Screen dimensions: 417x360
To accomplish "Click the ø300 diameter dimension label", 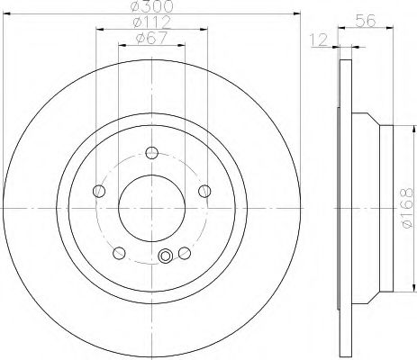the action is [x=152, y=5].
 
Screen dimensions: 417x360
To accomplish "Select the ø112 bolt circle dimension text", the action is [x=151, y=22].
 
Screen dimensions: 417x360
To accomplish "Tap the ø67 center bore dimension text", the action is [x=151, y=39].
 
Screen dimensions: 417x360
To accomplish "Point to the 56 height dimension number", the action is [x=366, y=21].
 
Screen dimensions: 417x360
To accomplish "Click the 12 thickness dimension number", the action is [x=319, y=40].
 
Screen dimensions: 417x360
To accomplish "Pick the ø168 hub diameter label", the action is [x=407, y=208].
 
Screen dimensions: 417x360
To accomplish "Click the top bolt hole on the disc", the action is [x=152, y=153].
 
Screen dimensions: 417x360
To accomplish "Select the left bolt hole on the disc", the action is [x=99, y=191].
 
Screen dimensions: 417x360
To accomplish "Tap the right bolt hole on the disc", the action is [x=204, y=191].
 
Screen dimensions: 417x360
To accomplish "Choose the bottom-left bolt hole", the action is [x=119, y=253].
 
